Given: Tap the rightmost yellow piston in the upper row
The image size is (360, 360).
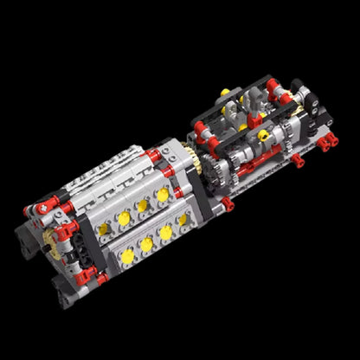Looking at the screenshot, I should (162, 195).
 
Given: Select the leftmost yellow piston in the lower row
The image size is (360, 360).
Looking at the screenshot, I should (127, 258).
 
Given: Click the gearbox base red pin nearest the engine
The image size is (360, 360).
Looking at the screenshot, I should (228, 203).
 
